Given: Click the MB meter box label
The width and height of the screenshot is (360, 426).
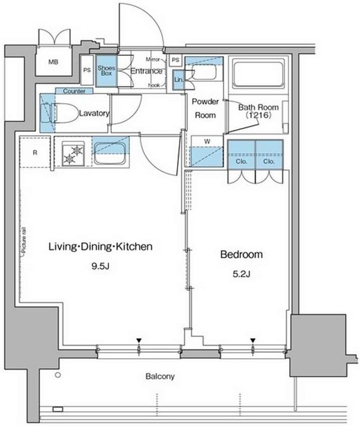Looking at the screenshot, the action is (53, 62).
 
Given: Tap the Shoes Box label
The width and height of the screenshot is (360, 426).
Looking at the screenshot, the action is (106, 71).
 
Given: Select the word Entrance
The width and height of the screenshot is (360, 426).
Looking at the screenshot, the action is (146, 71).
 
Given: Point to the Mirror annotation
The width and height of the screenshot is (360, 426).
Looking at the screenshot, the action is (152, 59).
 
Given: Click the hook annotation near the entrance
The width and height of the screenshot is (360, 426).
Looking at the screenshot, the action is (154, 85).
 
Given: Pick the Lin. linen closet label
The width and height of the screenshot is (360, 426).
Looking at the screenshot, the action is (179, 80).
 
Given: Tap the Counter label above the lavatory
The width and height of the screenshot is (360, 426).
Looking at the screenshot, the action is (74, 91).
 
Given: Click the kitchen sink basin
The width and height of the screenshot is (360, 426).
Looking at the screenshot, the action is (110, 153).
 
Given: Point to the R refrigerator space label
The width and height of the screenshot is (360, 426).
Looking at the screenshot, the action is (35, 152).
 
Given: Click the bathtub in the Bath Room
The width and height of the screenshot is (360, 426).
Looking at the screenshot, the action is (258, 75).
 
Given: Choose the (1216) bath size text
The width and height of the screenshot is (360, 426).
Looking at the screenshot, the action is (258, 115).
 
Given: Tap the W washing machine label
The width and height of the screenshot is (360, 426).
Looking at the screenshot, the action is (207, 141).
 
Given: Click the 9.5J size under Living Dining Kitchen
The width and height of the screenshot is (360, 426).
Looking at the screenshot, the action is (100, 266).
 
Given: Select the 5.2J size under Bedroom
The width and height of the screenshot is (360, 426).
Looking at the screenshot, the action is (242, 274).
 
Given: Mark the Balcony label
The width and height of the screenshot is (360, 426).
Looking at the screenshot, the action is (160, 376).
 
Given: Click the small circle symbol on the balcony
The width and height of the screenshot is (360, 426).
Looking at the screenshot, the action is (58, 375).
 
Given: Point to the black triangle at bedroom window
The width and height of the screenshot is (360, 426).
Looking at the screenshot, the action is (253, 340).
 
